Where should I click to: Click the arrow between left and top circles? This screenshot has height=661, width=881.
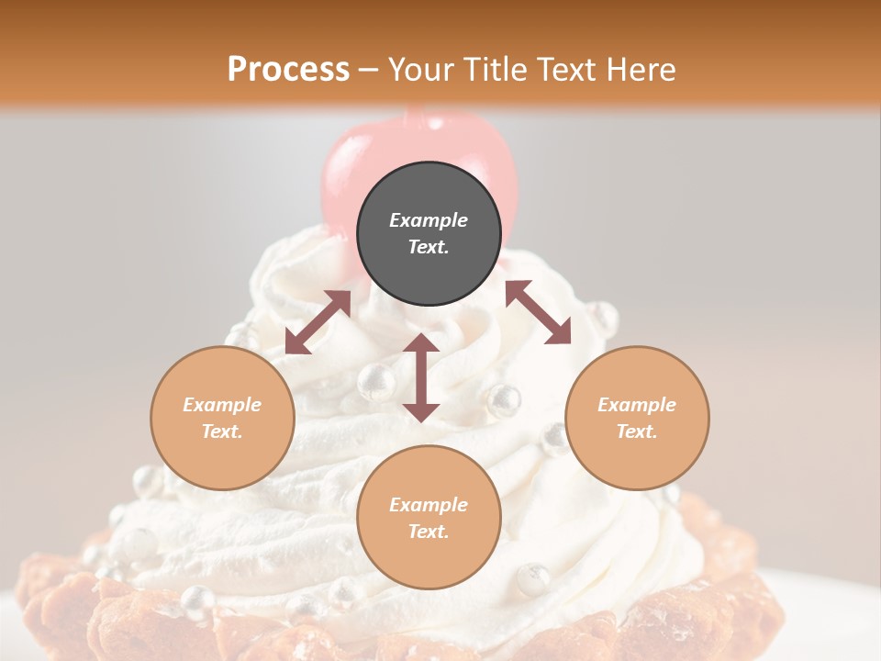pos(318,322)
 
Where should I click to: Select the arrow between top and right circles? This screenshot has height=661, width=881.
pos(538,312)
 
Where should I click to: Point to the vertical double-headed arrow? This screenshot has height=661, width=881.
pos(421,377)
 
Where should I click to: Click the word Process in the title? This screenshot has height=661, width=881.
pos(288,69)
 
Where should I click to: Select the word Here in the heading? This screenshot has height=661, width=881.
pos(642,69)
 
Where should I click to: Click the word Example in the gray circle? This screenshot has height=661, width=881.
pos(429,220)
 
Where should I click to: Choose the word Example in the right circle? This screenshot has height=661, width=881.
pos(637,405)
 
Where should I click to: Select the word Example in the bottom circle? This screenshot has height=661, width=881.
pos(429,505)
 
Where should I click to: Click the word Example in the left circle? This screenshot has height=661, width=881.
pos(222,405)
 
